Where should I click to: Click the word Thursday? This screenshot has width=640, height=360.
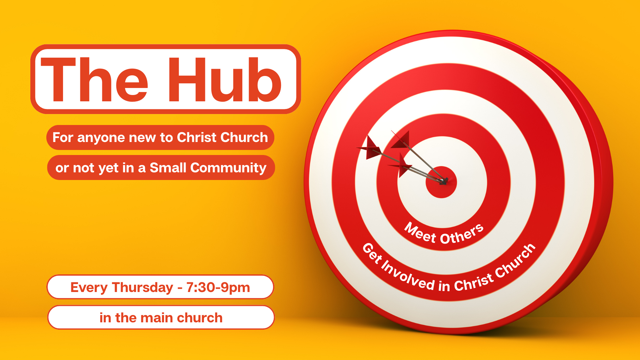click(x=142, y=288)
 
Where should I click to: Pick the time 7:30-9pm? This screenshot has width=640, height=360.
click(x=218, y=288)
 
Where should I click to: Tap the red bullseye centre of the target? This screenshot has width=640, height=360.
click(x=441, y=182)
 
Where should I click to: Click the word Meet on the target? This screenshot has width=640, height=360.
click(x=420, y=232)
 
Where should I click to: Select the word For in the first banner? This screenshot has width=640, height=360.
click(x=63, y=138)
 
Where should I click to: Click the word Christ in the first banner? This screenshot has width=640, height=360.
click(x=197, y=137)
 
